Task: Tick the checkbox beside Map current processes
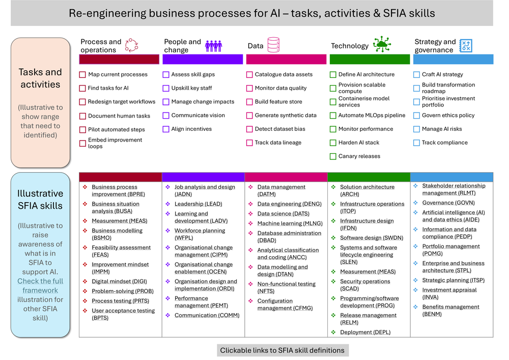click(x=82, y=75)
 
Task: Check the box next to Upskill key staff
click(x=166, y=88)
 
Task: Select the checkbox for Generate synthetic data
click(x=249, y=116)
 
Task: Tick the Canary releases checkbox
click(x=333, y=156)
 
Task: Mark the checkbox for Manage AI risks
click(x=416, y=129)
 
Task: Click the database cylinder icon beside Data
click(x=273, y=45)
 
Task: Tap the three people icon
click(x=214, y=46)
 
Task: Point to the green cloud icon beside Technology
click(x=382, y=44)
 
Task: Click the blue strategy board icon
click(x=466, y=46)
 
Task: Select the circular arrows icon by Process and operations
click(x=131, y=45)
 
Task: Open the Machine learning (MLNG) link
click(x=290, y=224)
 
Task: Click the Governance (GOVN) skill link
click(x=448, y=203)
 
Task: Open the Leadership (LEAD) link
click(x=199, y=204)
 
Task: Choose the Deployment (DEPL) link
click(x=365, y=332)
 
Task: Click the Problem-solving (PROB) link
click(x=123, y=291)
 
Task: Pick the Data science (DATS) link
click(x=284, y=213)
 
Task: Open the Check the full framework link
click(x=40, y=286)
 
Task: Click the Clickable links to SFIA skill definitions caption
click(x=282, y=350)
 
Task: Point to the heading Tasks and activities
click(x=40, y=78)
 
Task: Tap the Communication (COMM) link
click(x=207, y=315)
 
